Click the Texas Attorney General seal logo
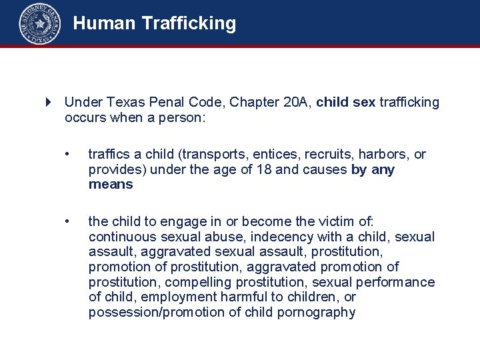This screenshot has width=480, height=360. pos(40,24)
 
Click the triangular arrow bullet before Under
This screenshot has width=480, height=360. pos(48,102)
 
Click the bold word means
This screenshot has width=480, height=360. pos(111,185)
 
